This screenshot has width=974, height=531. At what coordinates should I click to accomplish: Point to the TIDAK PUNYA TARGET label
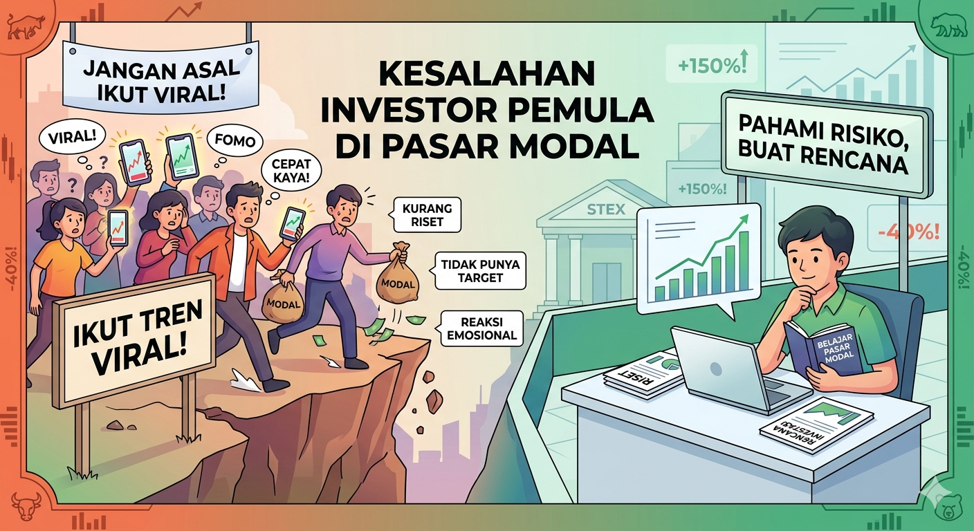[479, 271]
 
